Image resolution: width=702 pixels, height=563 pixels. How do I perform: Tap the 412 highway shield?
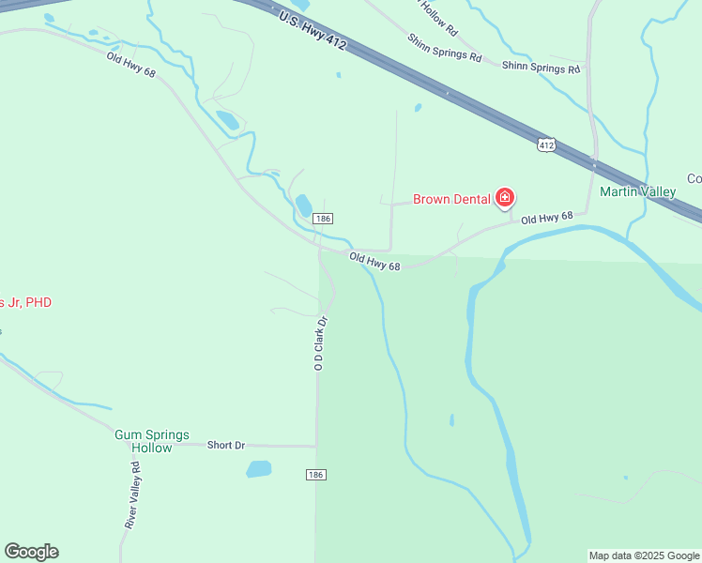(x=547, y=145)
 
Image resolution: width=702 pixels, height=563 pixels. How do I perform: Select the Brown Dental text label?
(x=453, y=200)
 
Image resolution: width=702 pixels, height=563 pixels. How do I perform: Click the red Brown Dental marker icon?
(x=506, y=197)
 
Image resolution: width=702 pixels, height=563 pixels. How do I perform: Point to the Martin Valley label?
(x=638, y=192)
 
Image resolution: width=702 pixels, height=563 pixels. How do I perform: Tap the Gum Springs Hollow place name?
(x=151, y=441)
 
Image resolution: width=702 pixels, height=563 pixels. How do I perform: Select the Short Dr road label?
(x=226, y=445)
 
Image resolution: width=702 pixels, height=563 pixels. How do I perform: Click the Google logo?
(x=31, y=552)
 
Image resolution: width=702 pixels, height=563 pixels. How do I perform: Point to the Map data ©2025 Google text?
(x=644, y=555)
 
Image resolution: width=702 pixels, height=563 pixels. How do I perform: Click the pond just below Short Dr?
(x=259, y=468)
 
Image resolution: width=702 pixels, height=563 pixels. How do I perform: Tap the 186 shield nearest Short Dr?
(x=315, y=475)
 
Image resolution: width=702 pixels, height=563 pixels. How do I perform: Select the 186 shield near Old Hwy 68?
(x=323, y=219)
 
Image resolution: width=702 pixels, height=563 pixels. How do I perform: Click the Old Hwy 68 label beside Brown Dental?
(x=546, y=218)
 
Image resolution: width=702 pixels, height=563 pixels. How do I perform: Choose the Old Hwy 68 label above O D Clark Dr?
(x=374, y=261)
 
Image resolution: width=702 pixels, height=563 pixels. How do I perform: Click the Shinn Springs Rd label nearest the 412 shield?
(x=541, y=67)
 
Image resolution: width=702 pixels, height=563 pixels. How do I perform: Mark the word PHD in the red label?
(x=38, y=302)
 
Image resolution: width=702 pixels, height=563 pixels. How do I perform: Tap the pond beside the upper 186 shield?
(x=304, y=204)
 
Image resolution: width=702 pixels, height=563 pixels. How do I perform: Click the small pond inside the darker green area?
(x=451, y=419)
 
